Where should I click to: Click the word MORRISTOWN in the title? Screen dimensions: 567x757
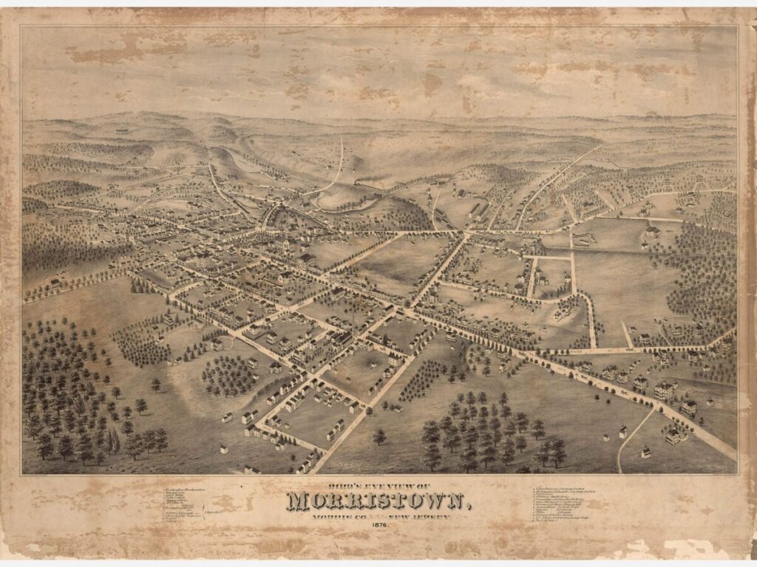[x=377, y=501]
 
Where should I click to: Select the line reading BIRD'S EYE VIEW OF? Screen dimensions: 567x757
[x=378, y=485]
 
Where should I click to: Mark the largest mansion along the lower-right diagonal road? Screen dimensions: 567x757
[x=663, y=390]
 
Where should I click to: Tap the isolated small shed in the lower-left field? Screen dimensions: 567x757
[x=223, y=448]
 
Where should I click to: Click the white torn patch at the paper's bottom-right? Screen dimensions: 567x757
[x=691, y=547]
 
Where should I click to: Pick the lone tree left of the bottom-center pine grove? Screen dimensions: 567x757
[x=379, y=436]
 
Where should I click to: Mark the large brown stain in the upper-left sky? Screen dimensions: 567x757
[x=103, y=52]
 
